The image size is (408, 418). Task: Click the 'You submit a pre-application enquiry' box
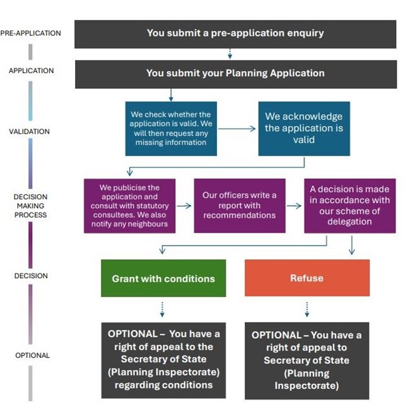pos(235,34)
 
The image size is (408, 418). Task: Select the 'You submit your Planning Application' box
pos(236,74)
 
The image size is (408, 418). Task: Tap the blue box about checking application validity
pos(171,129)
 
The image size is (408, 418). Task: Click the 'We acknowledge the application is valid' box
pos(304,129)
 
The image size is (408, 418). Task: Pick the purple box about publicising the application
pos(130,206)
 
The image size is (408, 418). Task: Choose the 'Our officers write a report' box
pos(240,206)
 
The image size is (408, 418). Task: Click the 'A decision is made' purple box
pos(350,206)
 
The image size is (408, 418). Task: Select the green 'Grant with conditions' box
pos(163,278)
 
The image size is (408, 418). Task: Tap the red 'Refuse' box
pos(307,278)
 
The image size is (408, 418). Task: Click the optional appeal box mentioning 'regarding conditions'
pos(163,361)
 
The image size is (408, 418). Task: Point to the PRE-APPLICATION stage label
pos(31,33)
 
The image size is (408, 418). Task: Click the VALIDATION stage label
pos(30,131)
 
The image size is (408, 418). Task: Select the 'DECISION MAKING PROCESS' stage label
pos(31,206)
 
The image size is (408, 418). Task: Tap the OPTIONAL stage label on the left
pos(33,356)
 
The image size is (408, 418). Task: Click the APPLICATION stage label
pos(31,71)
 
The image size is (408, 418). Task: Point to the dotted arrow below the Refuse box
pos(307,309)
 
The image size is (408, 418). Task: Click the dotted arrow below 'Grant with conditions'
pos(162,309)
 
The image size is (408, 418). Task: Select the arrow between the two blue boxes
pos(237,129)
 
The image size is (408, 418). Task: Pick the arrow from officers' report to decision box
pos(294,206)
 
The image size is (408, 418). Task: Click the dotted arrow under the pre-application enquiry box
pos(230,54)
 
